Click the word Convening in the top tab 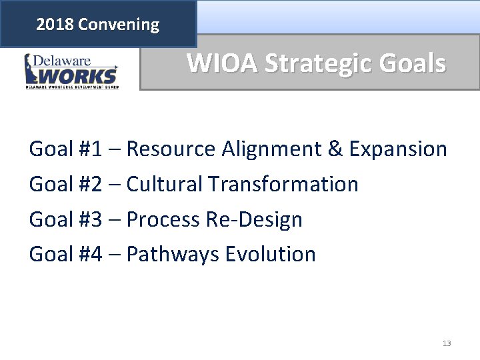119,25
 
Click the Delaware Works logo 71,71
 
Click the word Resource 169,149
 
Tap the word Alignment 271,149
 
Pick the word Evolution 271,254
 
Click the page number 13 447,343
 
